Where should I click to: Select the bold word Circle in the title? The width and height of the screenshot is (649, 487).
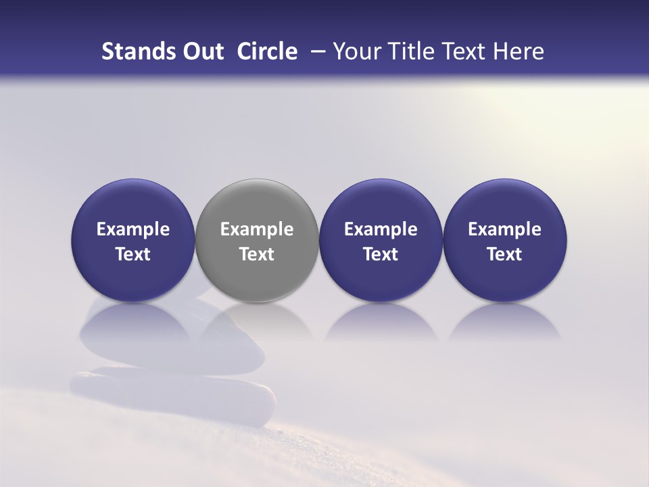[x=267, y=51]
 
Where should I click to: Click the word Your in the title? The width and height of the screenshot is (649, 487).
[x=354, y=51]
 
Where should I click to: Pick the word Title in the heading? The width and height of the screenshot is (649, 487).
[x=404, y=51]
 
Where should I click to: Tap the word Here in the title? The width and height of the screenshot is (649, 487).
[x=516, y=51]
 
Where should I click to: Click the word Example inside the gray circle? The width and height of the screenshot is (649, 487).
[x=257, y=230]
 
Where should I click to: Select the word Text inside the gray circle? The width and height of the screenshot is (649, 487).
[x=257, y=254]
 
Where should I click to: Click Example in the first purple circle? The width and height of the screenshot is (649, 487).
[x=133, y=230]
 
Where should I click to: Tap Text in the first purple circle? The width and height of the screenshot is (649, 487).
[x=133, y=254]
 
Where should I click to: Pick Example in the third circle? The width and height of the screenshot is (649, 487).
[x=381, y=230]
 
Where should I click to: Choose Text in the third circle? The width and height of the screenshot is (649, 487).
[x=381, y=254]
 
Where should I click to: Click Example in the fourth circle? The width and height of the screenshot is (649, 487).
[x=505, y=230]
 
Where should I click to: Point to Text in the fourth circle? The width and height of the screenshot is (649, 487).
[x=505, y=254]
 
